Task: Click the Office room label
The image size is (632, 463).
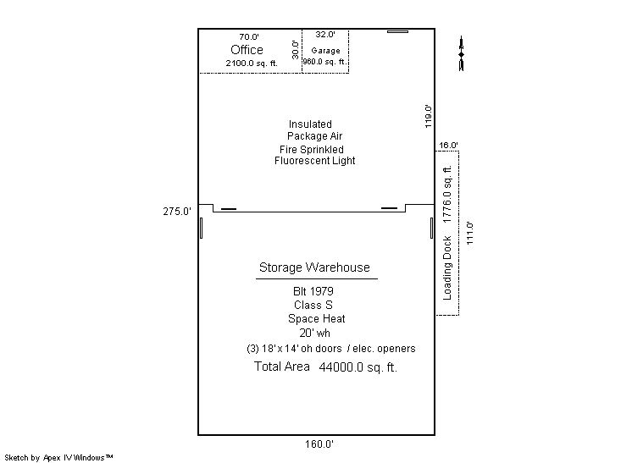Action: coord(247,50)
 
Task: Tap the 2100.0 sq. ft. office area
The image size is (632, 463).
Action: coord(252,63)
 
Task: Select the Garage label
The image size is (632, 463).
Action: coord(325,51)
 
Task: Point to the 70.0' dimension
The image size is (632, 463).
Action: coord(249,36)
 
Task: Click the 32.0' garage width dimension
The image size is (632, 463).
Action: coord(325,34)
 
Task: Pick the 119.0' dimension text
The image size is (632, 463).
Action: coord(428,116)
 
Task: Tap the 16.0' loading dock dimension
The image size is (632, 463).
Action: coord(448,145)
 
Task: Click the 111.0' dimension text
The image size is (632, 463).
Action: coord(469,233)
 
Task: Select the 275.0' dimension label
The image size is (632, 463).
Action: coord(177,212)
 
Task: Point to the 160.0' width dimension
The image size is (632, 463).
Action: coord(319,444)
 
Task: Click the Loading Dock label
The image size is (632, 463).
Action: coord(447,268)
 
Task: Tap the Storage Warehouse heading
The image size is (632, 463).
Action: coord(314,267)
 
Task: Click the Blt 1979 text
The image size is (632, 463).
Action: coord(313,291)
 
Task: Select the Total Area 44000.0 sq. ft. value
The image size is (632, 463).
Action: coord(325,367)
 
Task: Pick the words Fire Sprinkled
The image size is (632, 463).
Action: coord(312,149)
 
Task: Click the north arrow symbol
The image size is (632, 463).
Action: coord(462,53)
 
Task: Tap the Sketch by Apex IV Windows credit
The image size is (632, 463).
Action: coord(58,457)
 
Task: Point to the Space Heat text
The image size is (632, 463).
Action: coord(316,319)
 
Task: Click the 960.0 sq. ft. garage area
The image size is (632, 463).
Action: coord(324,62)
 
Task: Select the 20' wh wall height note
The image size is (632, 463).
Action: coord(315,333)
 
